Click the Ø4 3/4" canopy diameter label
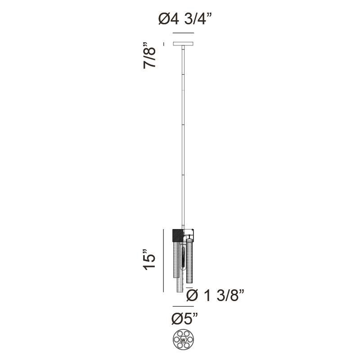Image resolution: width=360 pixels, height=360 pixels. pos(185,20)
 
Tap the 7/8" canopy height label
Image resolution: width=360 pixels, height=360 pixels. pos(150,55)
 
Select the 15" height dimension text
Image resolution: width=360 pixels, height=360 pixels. pos(150,260)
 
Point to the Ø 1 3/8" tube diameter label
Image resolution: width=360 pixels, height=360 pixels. pos(215,296)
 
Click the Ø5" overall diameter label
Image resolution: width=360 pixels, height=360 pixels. pos(184,319)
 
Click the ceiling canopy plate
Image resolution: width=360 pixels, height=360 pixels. pos(183,44)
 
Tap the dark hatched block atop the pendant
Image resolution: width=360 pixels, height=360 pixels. pos(178,235)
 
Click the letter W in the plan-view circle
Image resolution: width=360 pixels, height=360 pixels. pos(183,340)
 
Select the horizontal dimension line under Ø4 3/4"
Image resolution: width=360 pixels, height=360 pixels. pos(182,33)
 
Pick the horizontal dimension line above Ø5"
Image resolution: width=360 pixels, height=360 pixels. pos(182,307)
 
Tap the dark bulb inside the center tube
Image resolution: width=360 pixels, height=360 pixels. pos(184,261)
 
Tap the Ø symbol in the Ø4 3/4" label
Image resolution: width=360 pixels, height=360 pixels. pos(163,20)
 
